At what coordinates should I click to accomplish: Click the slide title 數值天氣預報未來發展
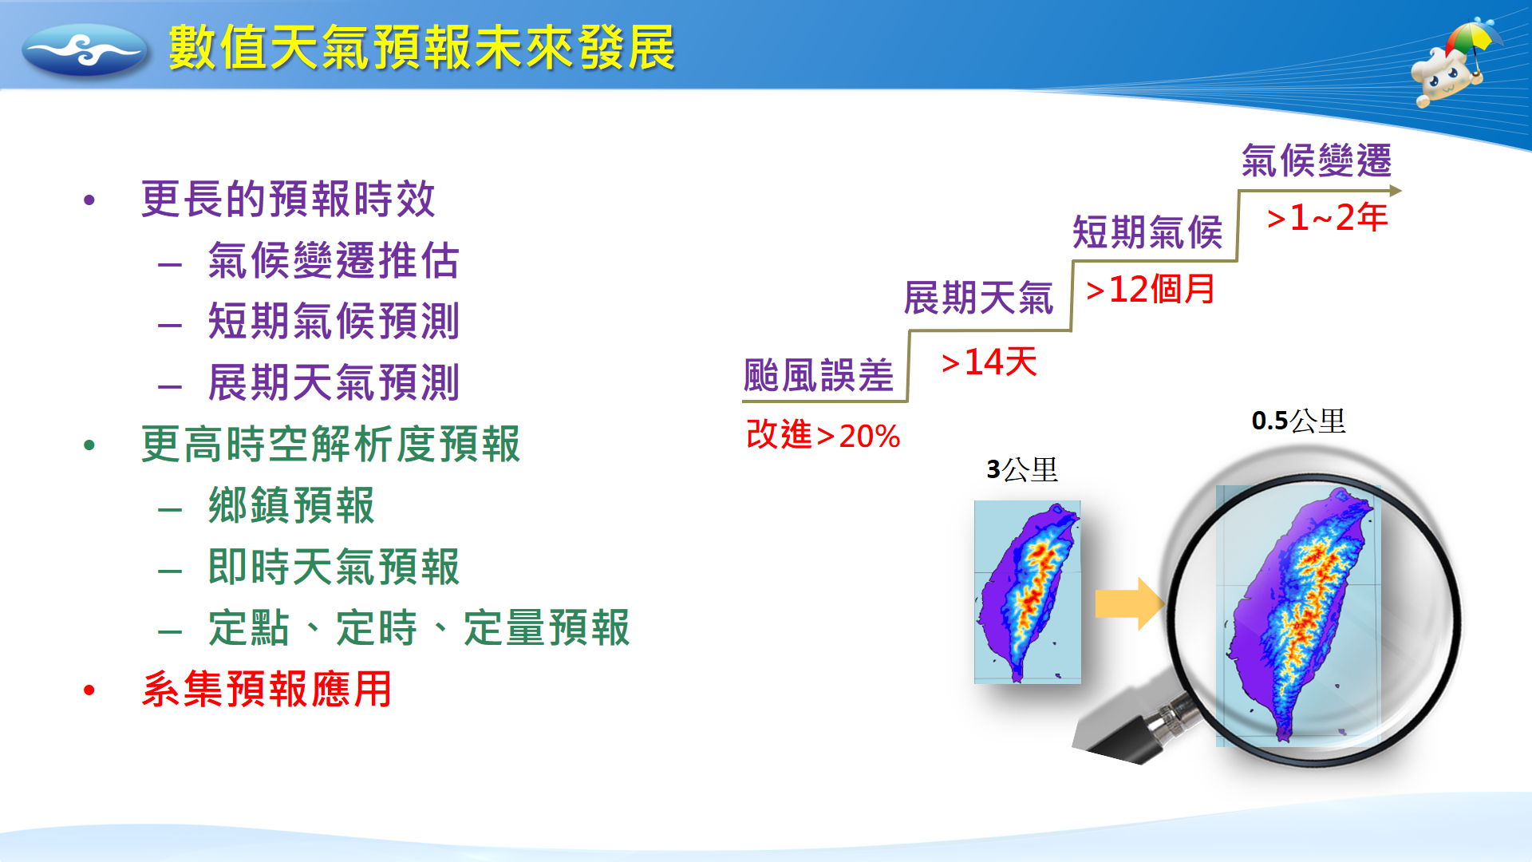click(x=422, y=48)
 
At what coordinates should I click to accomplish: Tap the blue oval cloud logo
click(x=85, y=49)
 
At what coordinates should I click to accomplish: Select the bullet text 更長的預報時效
click(x=288, y=199)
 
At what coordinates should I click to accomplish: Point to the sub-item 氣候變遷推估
click(x=334, y=260)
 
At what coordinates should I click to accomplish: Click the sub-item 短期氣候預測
click(x=334, y=321)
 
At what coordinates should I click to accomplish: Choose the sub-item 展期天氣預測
click(x=334, y=382)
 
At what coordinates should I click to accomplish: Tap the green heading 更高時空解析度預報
click(x=330, y=444)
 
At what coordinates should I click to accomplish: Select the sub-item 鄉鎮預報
click(x=291, y=505)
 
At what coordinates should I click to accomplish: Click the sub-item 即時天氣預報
click(x=334, y=567)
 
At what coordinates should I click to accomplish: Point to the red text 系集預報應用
click(x=267, y=689)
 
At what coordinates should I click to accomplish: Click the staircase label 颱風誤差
click(x=819, y=375)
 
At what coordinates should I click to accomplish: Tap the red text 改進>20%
click(x=823, y=435)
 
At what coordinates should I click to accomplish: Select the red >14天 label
click(x=989, y=362)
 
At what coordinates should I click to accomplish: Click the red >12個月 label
click(x=1151, y=289)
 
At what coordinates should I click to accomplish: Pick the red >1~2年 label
click(x=1328, y=217)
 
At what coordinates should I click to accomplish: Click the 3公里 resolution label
click(x=1022, y=469)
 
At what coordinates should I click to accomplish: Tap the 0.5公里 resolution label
click(x=1299, y=421)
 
